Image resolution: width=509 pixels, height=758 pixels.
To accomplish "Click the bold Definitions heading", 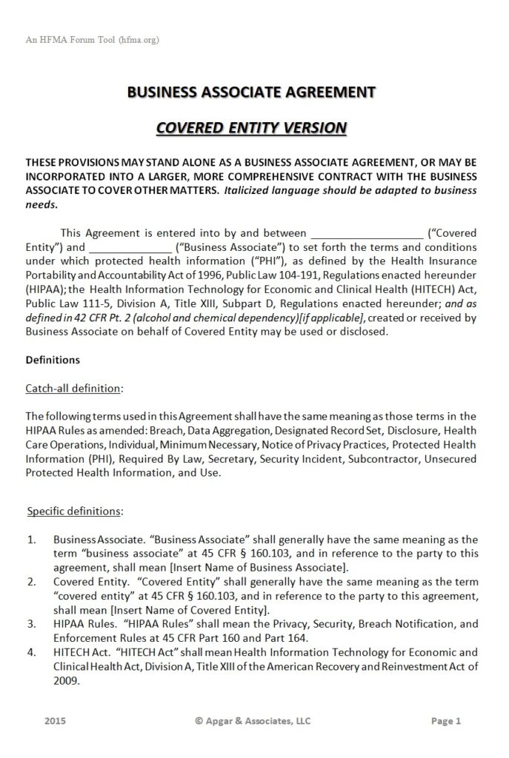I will click(x=53, y=360).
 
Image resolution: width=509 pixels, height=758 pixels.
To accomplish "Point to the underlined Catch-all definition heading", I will click(x=74, y=388).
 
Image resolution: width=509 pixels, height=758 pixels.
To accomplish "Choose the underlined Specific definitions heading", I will click(x=75, y=511).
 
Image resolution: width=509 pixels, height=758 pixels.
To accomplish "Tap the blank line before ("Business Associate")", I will click(x=130, y=246).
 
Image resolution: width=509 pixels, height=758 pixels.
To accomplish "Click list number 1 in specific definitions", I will click(x=31, y=540).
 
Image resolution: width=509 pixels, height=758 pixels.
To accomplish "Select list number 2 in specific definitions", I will click(x=31, y=582).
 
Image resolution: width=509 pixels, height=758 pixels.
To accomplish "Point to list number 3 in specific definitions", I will click(x=31, y=624).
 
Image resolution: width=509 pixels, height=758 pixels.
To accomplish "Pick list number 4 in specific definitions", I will click(x=31, y=652).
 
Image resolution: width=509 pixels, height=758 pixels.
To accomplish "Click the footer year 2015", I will click(x=55, y=720).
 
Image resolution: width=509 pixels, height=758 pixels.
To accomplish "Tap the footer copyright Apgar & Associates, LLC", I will click(x=253, y=720).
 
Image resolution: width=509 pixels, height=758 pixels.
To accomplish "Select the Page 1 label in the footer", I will click(x=446, y=720).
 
